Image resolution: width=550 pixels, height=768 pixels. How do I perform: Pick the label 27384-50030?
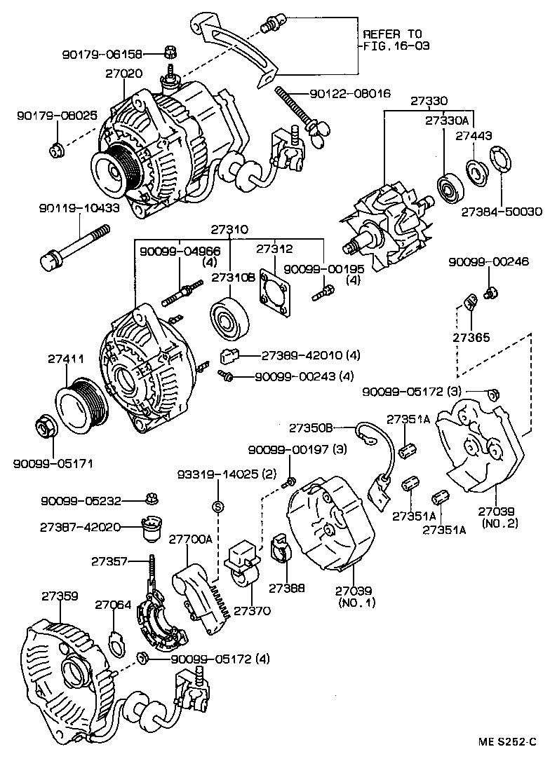tap(502, 212)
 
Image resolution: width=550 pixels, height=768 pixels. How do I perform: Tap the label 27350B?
tap(311, 427)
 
